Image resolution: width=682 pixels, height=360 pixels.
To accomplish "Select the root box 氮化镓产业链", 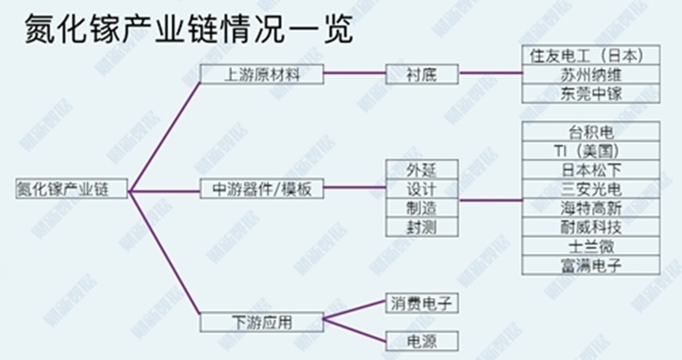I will (72, 189).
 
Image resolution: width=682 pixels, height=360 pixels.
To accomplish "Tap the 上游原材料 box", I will (262, 75).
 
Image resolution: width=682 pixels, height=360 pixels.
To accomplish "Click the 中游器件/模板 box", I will (262, 190).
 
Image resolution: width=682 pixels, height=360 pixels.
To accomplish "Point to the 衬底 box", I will (422, 75).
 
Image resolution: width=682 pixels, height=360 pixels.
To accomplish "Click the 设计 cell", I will (421, 190).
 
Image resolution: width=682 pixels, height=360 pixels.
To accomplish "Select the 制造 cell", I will (421, 209).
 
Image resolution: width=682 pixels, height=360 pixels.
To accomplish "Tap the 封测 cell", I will (421, 227).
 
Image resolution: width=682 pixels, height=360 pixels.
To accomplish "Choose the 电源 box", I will (420, 342).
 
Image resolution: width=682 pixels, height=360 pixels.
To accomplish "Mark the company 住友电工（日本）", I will (590, 55).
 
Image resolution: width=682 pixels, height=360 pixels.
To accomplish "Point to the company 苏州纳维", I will (590, 75).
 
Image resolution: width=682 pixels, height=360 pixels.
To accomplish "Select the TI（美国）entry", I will (590, 151).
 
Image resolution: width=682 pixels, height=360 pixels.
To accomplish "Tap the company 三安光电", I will (590, 189).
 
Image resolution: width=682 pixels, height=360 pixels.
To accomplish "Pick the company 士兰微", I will (590, 246).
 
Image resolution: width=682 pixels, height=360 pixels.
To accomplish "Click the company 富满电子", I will (590, 265).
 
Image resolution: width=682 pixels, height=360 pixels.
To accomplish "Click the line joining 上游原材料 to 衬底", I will (356, 75).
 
